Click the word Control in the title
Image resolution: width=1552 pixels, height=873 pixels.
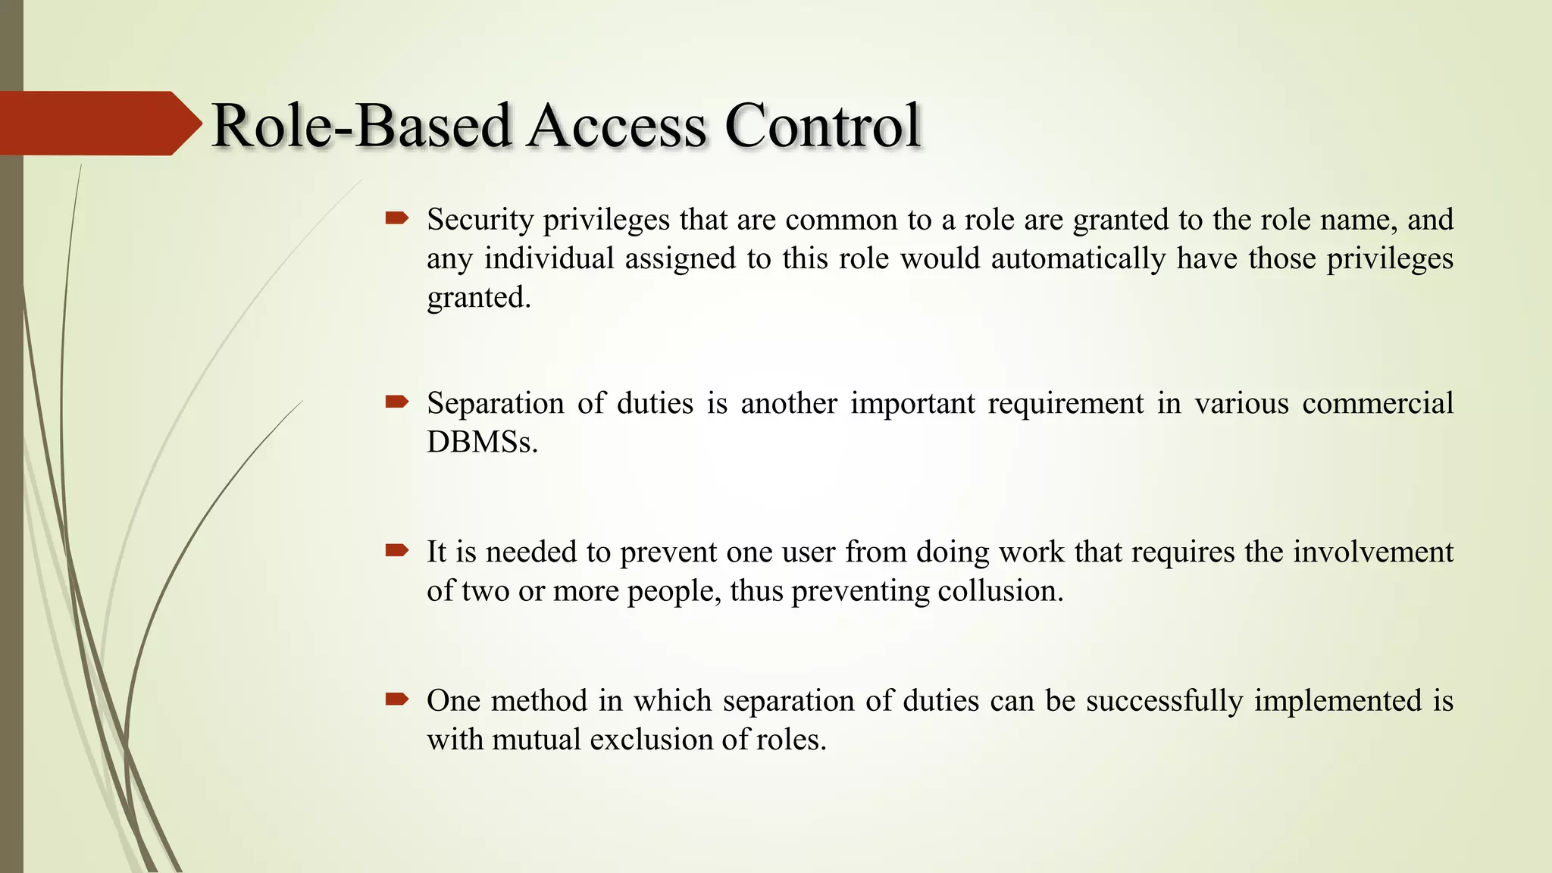coord(822,125)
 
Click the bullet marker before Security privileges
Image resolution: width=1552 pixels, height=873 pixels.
coord(396,219)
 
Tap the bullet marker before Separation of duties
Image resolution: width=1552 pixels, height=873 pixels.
coord(396,402)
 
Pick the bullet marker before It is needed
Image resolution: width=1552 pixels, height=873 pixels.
coord(396,550)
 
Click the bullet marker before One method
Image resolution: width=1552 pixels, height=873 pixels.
coord(396,699)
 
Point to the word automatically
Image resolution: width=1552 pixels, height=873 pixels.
coord(1078,258)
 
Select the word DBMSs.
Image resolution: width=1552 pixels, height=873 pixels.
coord(482,442)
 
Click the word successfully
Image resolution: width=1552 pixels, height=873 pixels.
coord(1164,701)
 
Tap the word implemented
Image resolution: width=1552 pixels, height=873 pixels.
coord(1338,701)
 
